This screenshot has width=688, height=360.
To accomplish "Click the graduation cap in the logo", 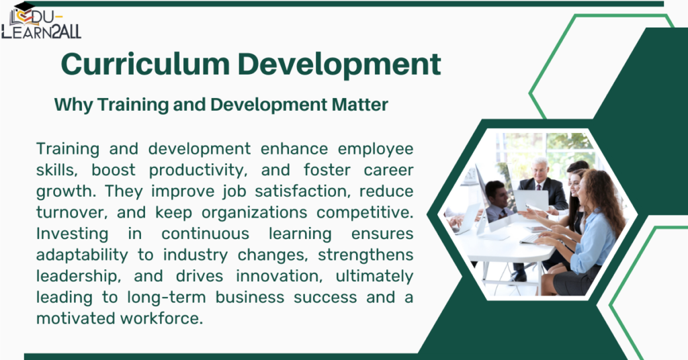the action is [x=24, y=7].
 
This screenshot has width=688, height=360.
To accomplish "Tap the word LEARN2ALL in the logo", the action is [x=42, y=32].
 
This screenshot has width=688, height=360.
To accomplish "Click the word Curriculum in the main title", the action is [x=145, y=64].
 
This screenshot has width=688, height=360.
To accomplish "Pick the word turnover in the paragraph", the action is [x=71, y=213].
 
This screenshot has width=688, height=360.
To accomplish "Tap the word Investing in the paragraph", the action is [x=72, y=234].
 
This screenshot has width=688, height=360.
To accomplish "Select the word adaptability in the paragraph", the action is [x=81, y=255].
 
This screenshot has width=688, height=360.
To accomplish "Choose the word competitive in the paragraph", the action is [x=365, y=213].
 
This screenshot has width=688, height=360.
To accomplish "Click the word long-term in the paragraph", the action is [x=167, y=298].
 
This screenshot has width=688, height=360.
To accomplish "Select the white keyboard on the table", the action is [x=530, y=239].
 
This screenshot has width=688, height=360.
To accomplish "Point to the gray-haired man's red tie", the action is [x=538, y=187].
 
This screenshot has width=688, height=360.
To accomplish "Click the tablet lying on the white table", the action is [x=538, y=229].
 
